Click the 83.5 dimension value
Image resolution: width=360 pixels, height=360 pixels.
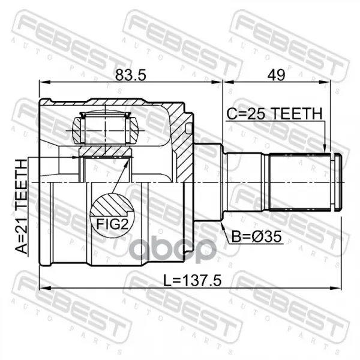pos(130,74)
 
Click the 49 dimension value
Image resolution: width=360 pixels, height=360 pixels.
pos(277,74)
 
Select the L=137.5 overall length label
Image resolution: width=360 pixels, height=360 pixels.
pos(193,281)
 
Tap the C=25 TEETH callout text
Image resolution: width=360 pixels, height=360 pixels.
pos(274,113)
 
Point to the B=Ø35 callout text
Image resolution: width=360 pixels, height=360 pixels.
pos(256,237)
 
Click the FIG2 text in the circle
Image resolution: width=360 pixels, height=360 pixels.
pos(112,224)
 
